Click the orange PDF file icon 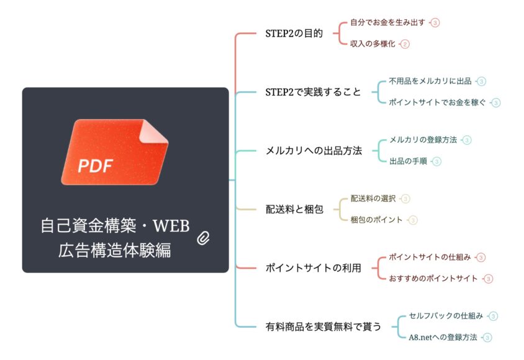click(x=115, y=152)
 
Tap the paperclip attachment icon click(x=203, y=238)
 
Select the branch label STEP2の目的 click(x=294, y=34)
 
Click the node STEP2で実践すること click(x=313, y=92)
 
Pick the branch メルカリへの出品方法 click(x=314, y=151)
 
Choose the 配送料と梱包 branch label click(x=294, y=209)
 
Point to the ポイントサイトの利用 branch click(x=313, y=268)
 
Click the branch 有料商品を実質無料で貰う click(x=323, y=326)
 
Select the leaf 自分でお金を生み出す click(x=387, y=22)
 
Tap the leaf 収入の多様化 click(x=373, y=43)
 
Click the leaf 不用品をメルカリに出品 click(x=430, y=81)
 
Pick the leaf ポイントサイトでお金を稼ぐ click(x=437, y=102)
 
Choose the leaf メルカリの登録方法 click(x=423, y=140)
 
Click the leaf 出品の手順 click(x=408, y=161)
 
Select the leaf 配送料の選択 click(x=373, y=199)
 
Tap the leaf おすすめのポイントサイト click(x=433, y=279)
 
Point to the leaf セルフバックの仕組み click(x=446, y=316)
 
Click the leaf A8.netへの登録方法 click(x=443, y=337)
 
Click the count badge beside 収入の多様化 click(x=405, y=44)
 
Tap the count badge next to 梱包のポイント click(x=413, y=220)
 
